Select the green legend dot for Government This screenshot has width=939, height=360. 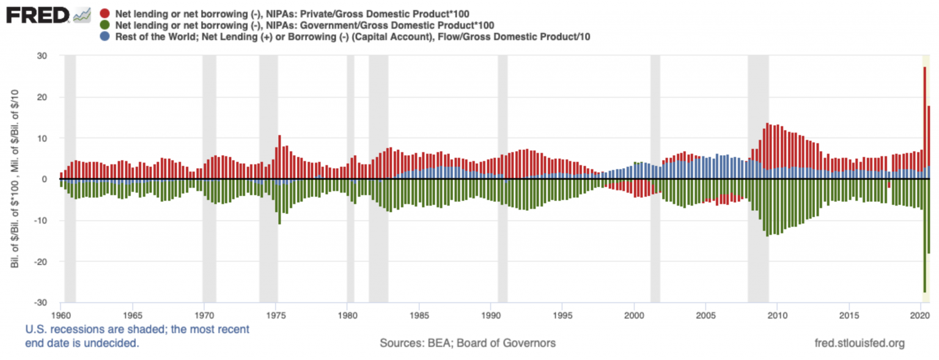(105, 25)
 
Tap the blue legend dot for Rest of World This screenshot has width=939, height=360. (105, 37)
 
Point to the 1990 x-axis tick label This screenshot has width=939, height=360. (490, 313)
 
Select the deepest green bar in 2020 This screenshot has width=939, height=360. (924, 238)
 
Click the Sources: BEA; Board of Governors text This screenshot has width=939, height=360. (468, 343)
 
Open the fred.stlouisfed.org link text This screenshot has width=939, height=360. (859, 343)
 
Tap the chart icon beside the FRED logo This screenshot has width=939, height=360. (82, 15)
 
